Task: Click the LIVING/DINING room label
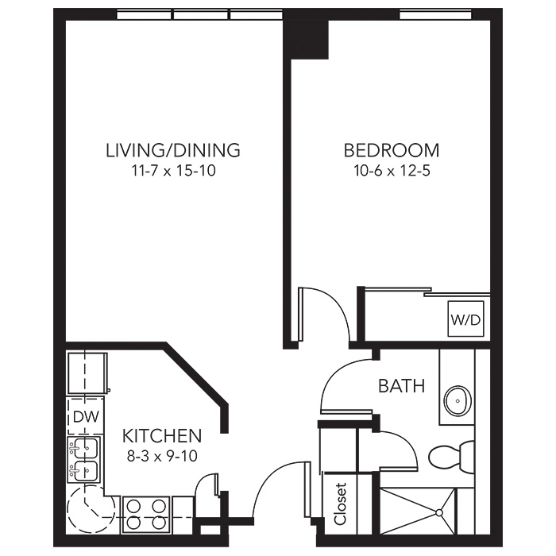coord(173,150)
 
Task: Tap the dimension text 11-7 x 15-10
coord(173,171)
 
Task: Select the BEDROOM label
coord(392,150)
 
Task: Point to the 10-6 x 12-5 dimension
coord(392,171)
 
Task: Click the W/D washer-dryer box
coord(465,319)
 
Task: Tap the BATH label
coord(401,386)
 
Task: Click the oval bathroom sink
coord(458,400)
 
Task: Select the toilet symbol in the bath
coord(451,457)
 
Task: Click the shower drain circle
coord(439,512)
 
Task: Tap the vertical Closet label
coord(340,503)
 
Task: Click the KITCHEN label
coord(162,436)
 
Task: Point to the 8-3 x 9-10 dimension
coord(162,456)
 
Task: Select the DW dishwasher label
coord(86,417)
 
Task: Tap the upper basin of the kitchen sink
coord(85,449)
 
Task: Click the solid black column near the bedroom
coord(306,39)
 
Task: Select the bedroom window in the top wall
coord(435,15)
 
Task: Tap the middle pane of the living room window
coord(201,15)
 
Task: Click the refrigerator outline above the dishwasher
coord(87,373)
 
